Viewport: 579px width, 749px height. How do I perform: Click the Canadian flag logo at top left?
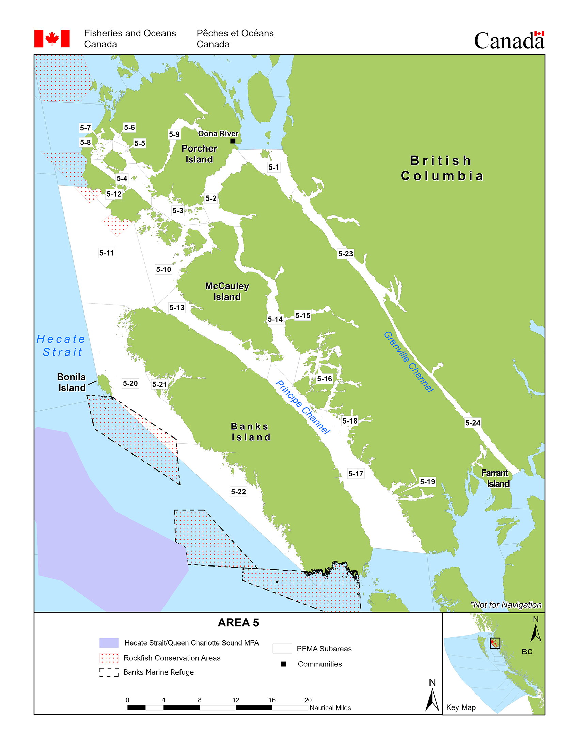click(52, 38)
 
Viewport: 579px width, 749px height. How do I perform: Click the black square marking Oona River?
click(233, 141)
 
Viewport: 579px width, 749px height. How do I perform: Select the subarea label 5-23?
click(345, 254)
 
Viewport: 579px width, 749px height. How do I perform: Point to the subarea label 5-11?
click(106, 253)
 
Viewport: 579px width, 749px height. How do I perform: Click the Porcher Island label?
click(199, 154)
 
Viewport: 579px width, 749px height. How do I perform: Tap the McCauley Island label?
click(227, 291)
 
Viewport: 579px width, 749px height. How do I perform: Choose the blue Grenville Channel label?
click(408, 362)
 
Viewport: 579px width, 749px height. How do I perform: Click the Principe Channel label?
click(302, 407)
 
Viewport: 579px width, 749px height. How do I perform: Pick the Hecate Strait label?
click(61, 346)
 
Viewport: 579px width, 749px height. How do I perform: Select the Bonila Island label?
click(71, 382)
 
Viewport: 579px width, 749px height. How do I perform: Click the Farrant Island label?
click(496, 478)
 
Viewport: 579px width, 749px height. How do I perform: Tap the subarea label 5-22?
click(238, 492)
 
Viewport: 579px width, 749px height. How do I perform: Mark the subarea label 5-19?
click(427, 482)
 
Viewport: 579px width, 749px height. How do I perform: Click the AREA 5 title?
click(238, 623)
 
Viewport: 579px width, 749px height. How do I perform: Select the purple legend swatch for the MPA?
click(109, 643)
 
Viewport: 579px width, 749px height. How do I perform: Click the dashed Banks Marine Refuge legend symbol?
click(109, 672)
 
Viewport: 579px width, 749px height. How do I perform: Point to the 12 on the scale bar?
click(236, 700)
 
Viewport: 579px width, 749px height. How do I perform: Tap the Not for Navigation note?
click(506, 605)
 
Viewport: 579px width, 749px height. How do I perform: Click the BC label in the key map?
click(527, 652)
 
